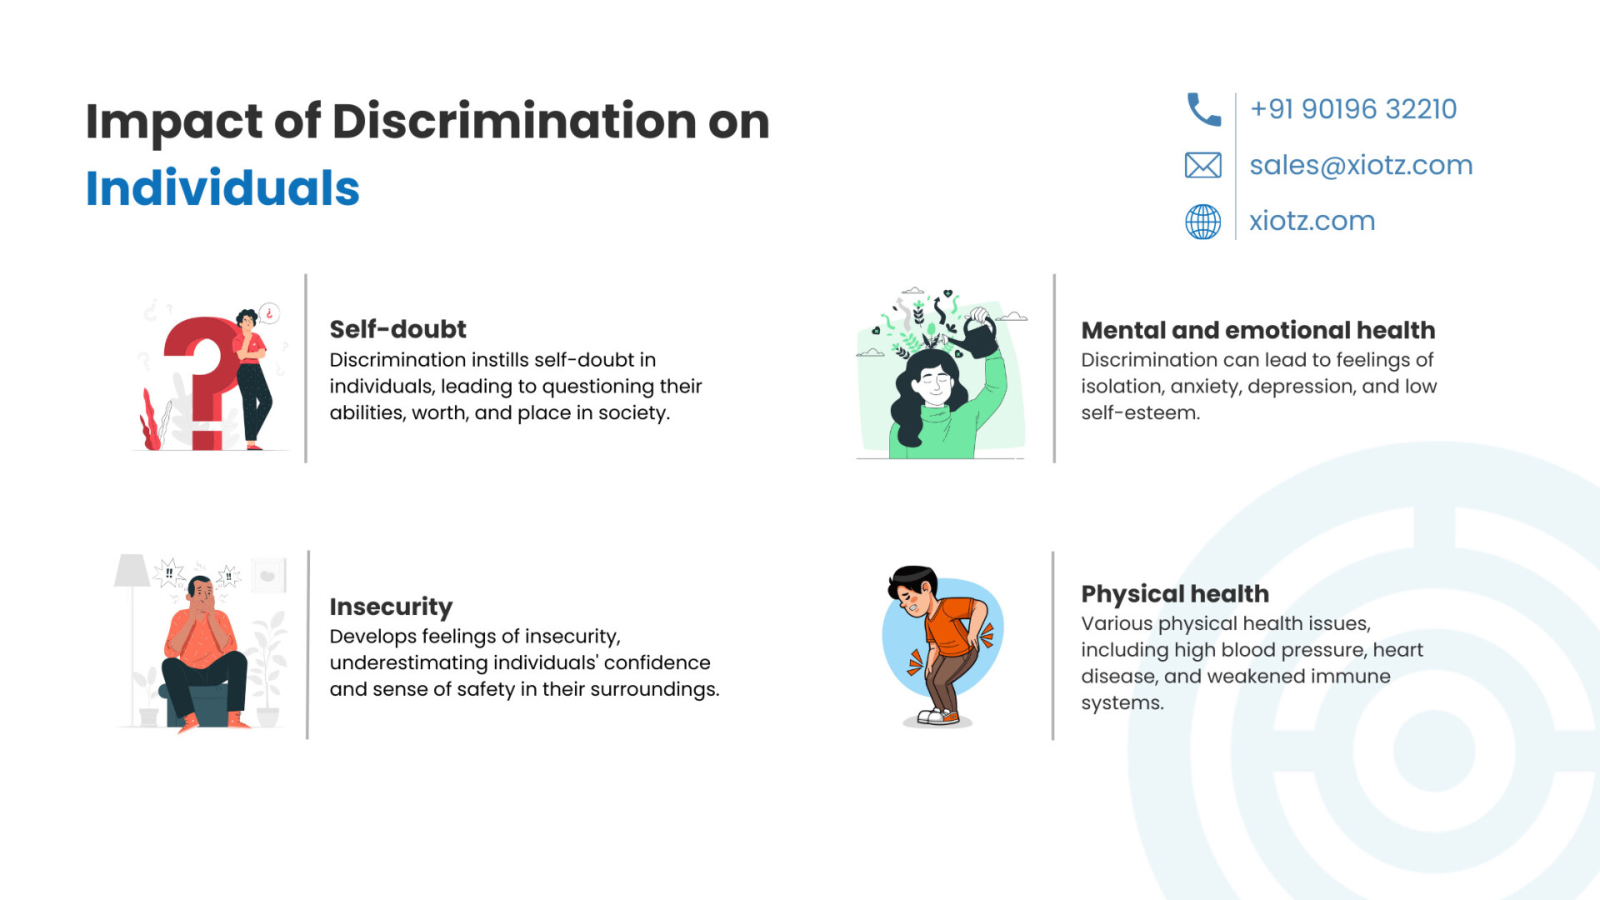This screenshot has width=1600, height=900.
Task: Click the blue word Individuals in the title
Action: coord(222,187)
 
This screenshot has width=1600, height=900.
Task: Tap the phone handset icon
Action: coord(1203,109)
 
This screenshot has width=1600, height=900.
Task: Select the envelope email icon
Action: coord(1203,165)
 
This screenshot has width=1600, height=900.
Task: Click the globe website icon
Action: coord(1203,222)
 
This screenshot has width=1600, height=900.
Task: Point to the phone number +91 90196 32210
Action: coord(1353,109)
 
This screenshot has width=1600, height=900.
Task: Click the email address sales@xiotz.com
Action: coord(1361,165)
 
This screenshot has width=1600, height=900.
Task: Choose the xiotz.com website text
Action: coord(1312,221)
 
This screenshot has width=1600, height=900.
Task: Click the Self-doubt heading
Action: coord(397,329)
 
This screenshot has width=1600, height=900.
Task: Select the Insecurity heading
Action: coord(391,607)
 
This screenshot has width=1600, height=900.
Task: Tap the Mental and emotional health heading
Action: coord(1258,330)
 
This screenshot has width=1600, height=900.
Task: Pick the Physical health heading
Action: coord(1175,593)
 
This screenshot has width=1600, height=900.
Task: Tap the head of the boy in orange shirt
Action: coord(913,590)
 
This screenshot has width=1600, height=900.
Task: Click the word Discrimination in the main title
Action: coord(514,122)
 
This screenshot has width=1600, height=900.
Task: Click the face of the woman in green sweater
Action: coord(933,384)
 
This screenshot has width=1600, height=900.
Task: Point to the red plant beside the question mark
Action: coord(151,420)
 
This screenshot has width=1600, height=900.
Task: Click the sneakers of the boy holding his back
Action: coord(938,716)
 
